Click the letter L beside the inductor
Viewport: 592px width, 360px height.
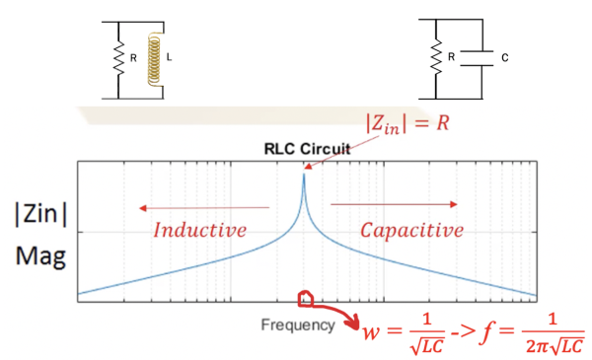tap(169, 55)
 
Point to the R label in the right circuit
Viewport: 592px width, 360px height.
tap(450, 55)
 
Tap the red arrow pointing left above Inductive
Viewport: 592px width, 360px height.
tap(202, 207)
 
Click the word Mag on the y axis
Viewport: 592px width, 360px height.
tap(39, 258)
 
